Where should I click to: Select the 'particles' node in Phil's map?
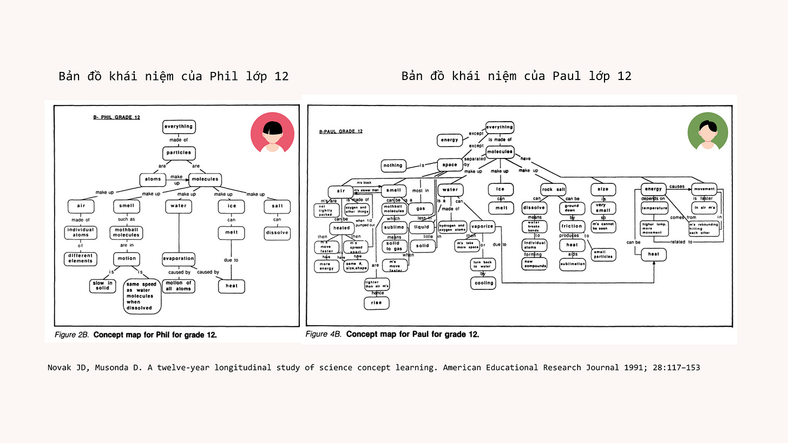pos(179,153)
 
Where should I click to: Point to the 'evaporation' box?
pos(179,259)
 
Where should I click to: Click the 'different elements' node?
pos(80,258)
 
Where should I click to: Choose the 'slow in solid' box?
pos(103,286)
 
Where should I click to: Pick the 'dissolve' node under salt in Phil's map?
pos(277,233)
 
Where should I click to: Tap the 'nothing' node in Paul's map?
pos(393,165)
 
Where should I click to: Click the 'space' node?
pos(450,164)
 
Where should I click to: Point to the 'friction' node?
pos(572,226)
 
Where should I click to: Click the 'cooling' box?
pos(484,282)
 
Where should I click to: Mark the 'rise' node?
pos(376,302)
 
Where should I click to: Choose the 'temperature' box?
pos(654,208)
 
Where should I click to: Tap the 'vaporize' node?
pos(481,227)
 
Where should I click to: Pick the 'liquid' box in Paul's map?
pos(422,227)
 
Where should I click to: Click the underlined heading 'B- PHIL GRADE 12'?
pos(117,116)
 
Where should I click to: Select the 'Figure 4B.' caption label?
pos(324,334)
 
